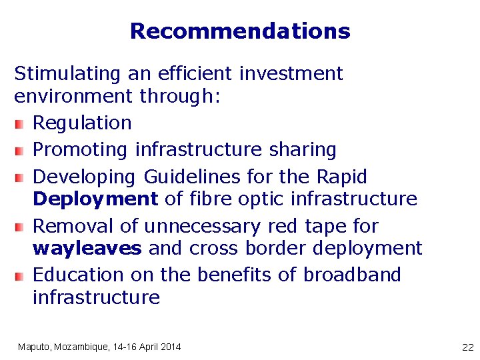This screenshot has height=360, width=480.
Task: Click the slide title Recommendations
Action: click(x=240, y=31)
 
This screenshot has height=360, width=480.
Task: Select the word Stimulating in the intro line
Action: click(x=56, y=73)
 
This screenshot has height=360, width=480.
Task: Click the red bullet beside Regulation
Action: click(x=20, y=123)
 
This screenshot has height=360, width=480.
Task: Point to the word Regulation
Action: click(x=82, y=123)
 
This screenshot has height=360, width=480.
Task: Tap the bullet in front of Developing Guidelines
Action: click(x=20, y=177)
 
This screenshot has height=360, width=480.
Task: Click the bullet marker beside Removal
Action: click(x=20, y=227)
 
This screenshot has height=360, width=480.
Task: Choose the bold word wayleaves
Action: click(x=87, y=249)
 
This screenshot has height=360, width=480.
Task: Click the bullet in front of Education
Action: click(x=20, y=275)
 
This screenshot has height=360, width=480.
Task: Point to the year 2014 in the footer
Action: click(x=169, y=347)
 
